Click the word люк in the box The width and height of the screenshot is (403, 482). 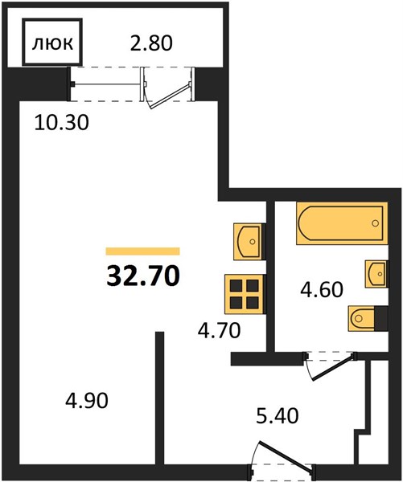point(52,43)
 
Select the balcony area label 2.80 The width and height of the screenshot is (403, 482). point(151,43)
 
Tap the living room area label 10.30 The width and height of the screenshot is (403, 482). point(62,122)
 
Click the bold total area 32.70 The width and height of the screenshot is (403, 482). point(143,276)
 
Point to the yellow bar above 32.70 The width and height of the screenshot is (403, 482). point(143,251)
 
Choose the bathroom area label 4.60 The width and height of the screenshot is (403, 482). point(322,289)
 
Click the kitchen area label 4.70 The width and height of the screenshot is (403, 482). point(219,331)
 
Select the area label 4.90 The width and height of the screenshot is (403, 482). point(87,401)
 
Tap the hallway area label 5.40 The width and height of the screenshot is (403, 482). point(277,416)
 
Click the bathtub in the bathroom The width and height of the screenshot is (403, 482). point(342,223)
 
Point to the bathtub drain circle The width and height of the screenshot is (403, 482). point(375,223)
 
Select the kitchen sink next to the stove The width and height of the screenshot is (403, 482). point(249,242)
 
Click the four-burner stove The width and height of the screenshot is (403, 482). point(245,294)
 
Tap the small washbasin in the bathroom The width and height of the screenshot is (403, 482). point(376,274)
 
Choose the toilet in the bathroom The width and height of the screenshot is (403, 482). point(361,318)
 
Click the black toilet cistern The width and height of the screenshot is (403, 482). point(381,318)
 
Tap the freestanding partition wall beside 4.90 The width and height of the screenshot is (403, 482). point(159,396)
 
